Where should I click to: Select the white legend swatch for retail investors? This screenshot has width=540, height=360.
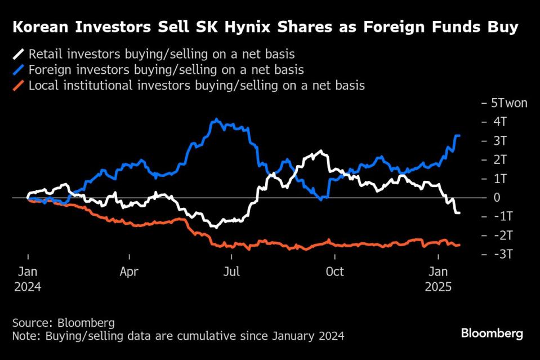tap(19, 55)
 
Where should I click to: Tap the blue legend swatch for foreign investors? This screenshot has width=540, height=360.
tap(19, 70)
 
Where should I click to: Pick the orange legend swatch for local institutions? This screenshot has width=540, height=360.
tap(19, 86)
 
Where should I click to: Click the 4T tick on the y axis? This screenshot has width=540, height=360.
tap(500, 122)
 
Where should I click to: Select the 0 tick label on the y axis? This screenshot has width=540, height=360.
tap(497, 198)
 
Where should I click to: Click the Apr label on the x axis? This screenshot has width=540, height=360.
tap(129, 272)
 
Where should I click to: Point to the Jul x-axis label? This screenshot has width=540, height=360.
tap(231, 272)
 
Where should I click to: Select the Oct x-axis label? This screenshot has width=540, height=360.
tap(334, 272)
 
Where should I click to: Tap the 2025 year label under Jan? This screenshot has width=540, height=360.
tap(439, 286)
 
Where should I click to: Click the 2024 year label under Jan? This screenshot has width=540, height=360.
tap(28, 286)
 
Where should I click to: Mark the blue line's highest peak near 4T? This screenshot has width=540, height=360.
tap(215, 119)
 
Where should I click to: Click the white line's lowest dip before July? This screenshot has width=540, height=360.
tap(214, 226)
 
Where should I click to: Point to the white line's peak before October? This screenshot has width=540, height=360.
tap(321, 151)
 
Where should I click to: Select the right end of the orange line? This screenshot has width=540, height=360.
tap(459, 245)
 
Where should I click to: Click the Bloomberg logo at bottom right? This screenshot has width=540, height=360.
tap(492, 334)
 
